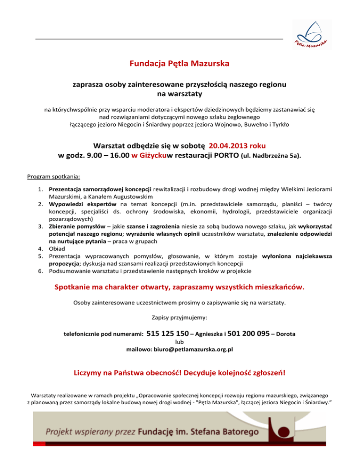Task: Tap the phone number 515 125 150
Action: coord(168,334)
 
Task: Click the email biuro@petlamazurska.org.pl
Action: coord(180,349)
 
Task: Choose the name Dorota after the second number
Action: coord(285,334)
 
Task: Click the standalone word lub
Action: coord(180,342)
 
